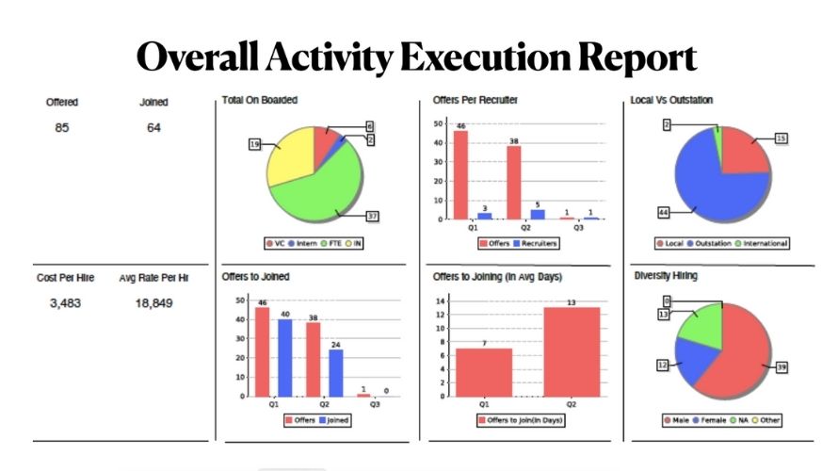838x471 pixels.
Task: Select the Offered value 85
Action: coord(62,128)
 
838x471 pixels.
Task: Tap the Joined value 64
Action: coord(153,128)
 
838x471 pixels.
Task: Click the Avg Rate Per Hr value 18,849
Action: coord(153,303)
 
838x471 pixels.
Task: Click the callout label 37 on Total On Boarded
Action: coord(372,217)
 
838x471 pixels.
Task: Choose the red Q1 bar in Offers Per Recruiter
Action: coord(460,174)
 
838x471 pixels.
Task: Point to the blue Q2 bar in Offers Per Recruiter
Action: coord(538,214)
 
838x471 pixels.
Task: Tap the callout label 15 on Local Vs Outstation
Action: coord(782,138)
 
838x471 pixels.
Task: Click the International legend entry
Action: coord(763,243)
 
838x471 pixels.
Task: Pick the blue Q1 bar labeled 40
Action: coord(284,357)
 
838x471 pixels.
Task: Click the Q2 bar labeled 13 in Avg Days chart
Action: coord(572,351)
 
